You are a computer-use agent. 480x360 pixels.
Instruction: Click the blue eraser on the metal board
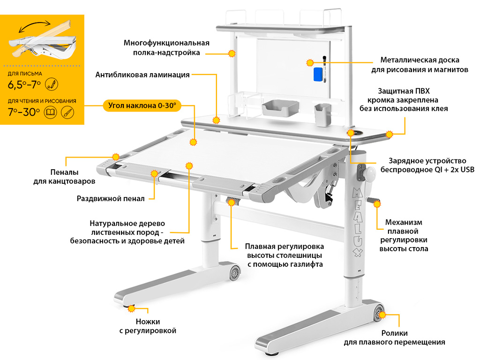[x=319, y=74]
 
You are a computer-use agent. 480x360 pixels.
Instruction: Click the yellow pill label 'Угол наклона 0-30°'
[x=142, y=105]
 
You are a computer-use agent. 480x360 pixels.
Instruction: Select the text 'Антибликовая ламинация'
[x=142, y=75]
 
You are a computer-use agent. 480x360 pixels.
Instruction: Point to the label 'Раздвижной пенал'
[x=111, y=198]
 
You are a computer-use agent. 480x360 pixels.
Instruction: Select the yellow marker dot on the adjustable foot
[x=131, y=308]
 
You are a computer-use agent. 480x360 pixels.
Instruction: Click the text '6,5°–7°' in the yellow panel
[x=24, y=85]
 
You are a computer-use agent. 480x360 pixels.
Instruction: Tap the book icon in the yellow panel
[x=49, y=112]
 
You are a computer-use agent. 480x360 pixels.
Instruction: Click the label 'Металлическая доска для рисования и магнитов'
[x=420, y=65]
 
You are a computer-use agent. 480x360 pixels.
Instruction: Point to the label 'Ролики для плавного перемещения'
[x=394, y=337]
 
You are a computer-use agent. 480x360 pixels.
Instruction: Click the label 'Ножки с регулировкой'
[x=148, y=326]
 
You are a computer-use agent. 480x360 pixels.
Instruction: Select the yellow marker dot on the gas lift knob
[x=231, y=202]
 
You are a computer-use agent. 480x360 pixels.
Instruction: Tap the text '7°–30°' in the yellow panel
[x=24, y=112]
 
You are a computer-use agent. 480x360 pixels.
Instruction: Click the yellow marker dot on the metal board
[x=310, y=62]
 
